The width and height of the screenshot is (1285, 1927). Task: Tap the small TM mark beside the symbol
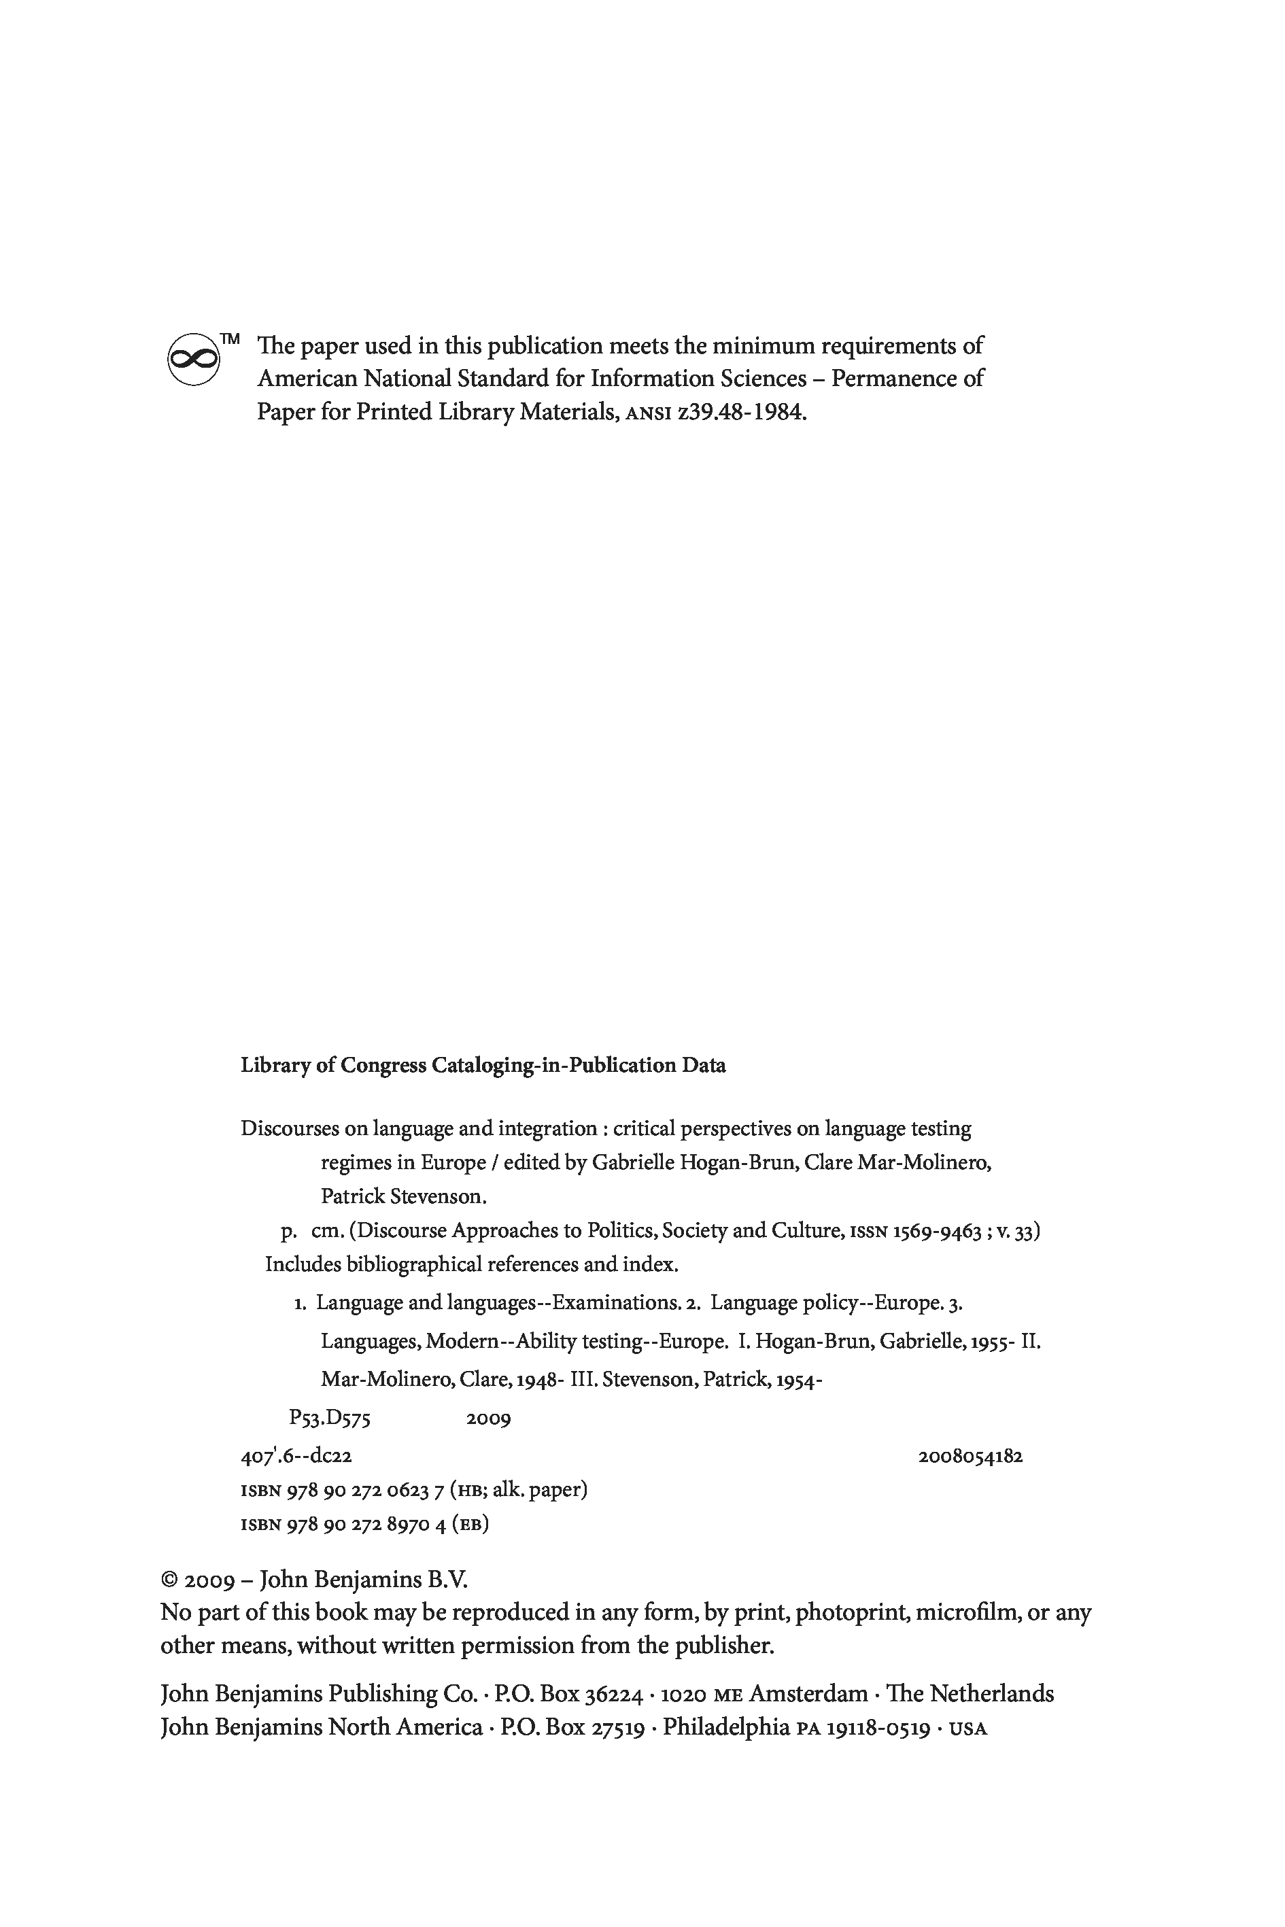click(230, 338)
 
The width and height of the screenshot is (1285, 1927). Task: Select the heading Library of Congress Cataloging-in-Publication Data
click(483, 1065)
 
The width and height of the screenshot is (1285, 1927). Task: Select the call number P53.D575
click(330, 1418)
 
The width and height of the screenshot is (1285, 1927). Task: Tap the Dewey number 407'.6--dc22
click(296, 1456)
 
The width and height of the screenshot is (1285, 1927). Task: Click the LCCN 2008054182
click(970, 1456)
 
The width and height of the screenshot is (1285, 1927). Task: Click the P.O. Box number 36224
click(613, 1693)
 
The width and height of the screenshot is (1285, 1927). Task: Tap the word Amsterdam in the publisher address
click(808, 1693)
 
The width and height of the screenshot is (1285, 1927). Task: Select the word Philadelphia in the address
click(726, 1727)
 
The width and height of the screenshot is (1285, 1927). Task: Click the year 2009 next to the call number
click(488, 1418)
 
